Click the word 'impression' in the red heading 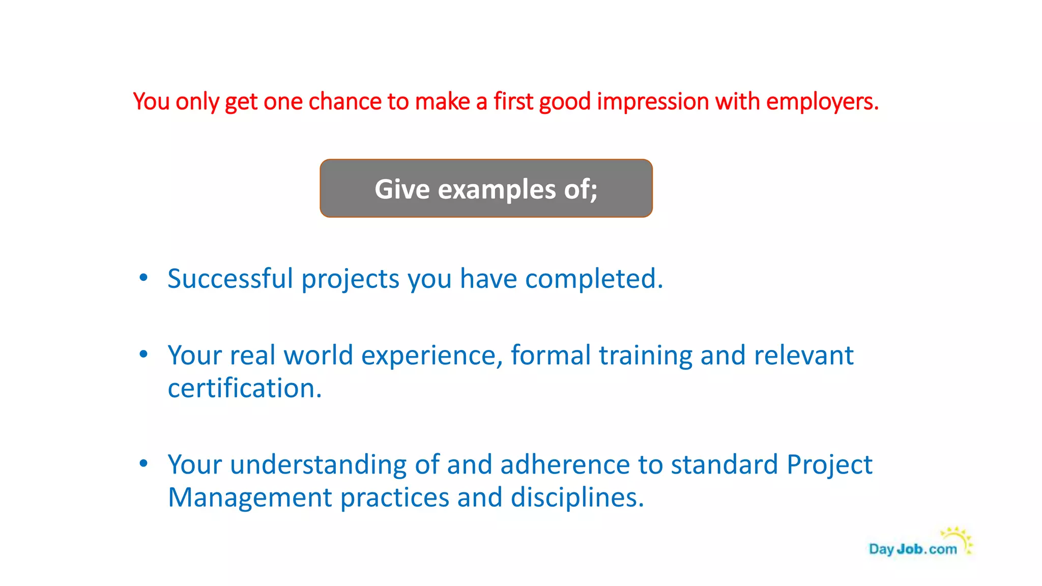653,102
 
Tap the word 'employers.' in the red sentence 822,102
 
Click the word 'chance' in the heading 345,102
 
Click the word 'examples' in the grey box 497,189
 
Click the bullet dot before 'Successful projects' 143,278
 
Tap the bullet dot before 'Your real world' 143,354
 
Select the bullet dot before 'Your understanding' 143,463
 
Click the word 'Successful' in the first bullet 230,279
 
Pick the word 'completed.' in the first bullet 594,279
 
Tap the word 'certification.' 245,388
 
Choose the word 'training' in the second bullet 645,355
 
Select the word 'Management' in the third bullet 250,497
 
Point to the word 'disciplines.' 577,497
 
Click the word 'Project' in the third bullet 829,464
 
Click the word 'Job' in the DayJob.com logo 909,549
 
